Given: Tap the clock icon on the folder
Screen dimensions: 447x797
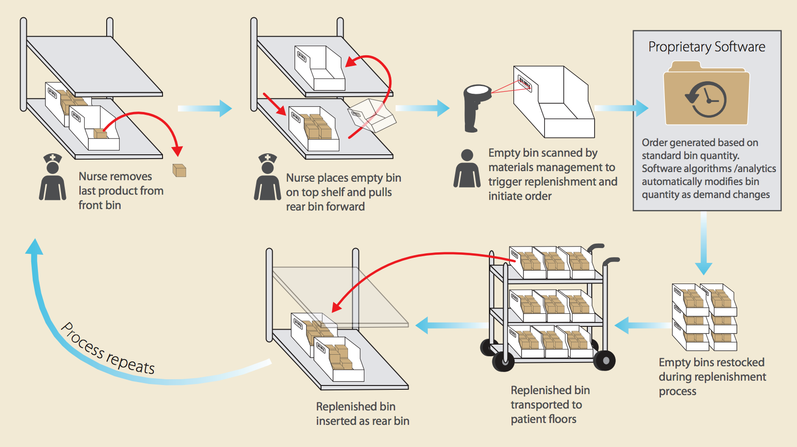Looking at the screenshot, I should pyautogui.click(x=706, y=99).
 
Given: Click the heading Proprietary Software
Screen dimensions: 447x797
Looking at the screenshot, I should pyautogui.click(x=707, y=47).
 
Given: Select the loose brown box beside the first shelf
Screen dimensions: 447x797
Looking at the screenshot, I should pyautogui.click(x=179, y=170).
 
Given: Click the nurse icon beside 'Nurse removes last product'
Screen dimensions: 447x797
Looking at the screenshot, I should pyautogui.click(x=52, y=178).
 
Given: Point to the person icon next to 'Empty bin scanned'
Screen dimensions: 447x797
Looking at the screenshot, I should pyautogui.click(x=467, y=169).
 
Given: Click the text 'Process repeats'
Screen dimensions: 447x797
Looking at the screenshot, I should pyautogui.click(x=108, y=348).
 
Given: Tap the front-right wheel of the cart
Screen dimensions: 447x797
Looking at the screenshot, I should pyautogui.click(x=604, y=360).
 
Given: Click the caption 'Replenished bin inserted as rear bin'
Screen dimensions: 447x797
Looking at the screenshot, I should pyautogui.click(x=362, y=413).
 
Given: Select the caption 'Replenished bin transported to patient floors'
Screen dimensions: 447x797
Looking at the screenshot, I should pyautogui.click(x=549, y=404).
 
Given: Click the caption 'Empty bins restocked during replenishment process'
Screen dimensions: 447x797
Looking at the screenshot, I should pyautogui.click(x=711, y=376).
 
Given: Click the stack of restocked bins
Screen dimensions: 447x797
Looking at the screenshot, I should pyautogui.click(x=704, y=317).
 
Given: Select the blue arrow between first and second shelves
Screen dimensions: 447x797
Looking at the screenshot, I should pyautogui.click(x=205, y=108).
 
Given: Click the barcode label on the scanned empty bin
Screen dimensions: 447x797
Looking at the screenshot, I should pyautogui.click(x=524, y=83).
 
